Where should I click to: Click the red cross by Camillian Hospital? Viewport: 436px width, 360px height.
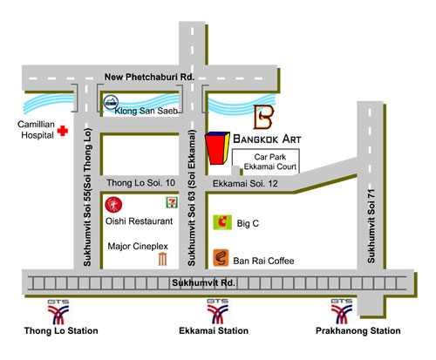point(63,131)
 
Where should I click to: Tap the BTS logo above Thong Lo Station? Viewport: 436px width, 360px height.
point(58,312)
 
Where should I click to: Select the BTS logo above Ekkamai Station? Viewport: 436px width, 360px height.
point(217,311)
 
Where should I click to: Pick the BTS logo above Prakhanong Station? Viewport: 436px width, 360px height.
point(342,311)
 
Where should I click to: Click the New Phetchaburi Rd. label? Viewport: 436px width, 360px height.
point(149,77)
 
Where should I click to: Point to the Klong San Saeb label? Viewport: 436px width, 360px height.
point(146,111)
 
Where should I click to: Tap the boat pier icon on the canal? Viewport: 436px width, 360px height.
point(111,102)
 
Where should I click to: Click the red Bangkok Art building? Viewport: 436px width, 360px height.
point(217,148)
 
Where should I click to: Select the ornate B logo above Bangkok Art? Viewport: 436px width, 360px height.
point(264,117)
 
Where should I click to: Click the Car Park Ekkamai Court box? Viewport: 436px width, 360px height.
point(266,162)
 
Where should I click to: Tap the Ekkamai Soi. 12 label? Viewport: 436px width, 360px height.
point(245,184)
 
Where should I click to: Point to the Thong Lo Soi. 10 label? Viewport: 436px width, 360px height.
point(140,183)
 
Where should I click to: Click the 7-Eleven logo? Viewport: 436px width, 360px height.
point(172,202)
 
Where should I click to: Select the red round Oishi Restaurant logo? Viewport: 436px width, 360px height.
point(113,205)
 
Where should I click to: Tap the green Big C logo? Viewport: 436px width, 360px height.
point(222,222)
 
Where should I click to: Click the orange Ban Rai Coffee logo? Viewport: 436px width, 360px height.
point(221,258)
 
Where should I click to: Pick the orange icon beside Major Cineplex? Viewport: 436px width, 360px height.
point(162,259)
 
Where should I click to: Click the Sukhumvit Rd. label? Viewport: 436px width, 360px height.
point(203,282)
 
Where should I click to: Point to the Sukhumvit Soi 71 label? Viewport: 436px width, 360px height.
point(371,227)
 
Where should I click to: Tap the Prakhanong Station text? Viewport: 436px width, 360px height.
point(358,330)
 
